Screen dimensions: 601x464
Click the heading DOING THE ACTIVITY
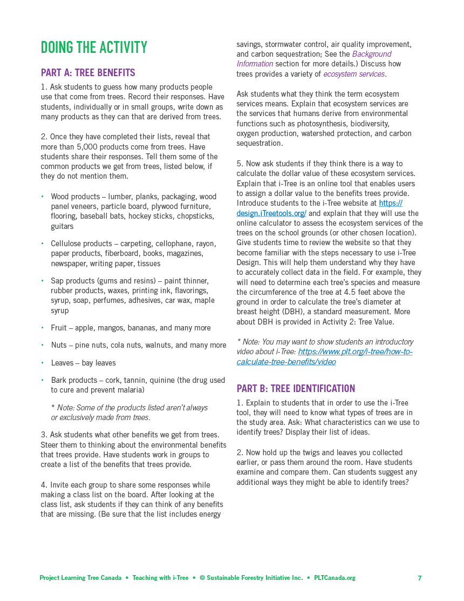94,48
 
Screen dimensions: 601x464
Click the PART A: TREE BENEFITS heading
88,73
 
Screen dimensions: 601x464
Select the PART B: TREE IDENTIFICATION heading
296,389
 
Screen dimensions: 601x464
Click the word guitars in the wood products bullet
62,226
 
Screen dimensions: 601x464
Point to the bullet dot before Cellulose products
43,244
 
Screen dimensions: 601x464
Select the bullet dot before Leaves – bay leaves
43,363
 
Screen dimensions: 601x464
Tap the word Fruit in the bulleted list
59,328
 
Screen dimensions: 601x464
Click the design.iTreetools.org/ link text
271,213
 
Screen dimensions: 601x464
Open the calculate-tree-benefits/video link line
286,362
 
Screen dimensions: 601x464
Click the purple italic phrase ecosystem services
354,74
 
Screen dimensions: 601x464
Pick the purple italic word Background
372,54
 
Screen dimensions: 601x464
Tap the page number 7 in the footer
420,578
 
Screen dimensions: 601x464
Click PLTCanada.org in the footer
335,578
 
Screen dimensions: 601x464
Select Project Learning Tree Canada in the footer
80,578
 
